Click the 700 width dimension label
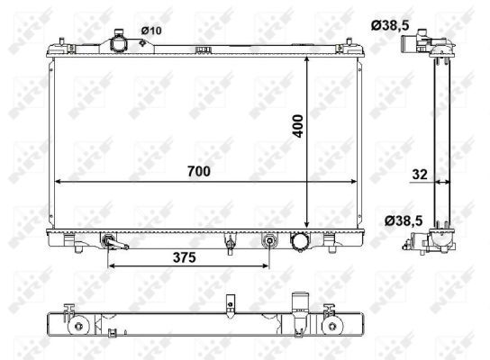[x=199, y=171]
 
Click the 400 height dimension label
[x=298, y=126]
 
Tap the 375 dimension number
[x=185, y=257]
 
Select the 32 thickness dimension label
[x=420, y=175]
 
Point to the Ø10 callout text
[x=151, y=31]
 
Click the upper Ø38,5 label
[x=390, y=25]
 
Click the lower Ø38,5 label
[x=404, y=221]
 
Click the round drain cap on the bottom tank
[x=300, y=241]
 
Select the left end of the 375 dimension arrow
[x=108, y=266]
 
